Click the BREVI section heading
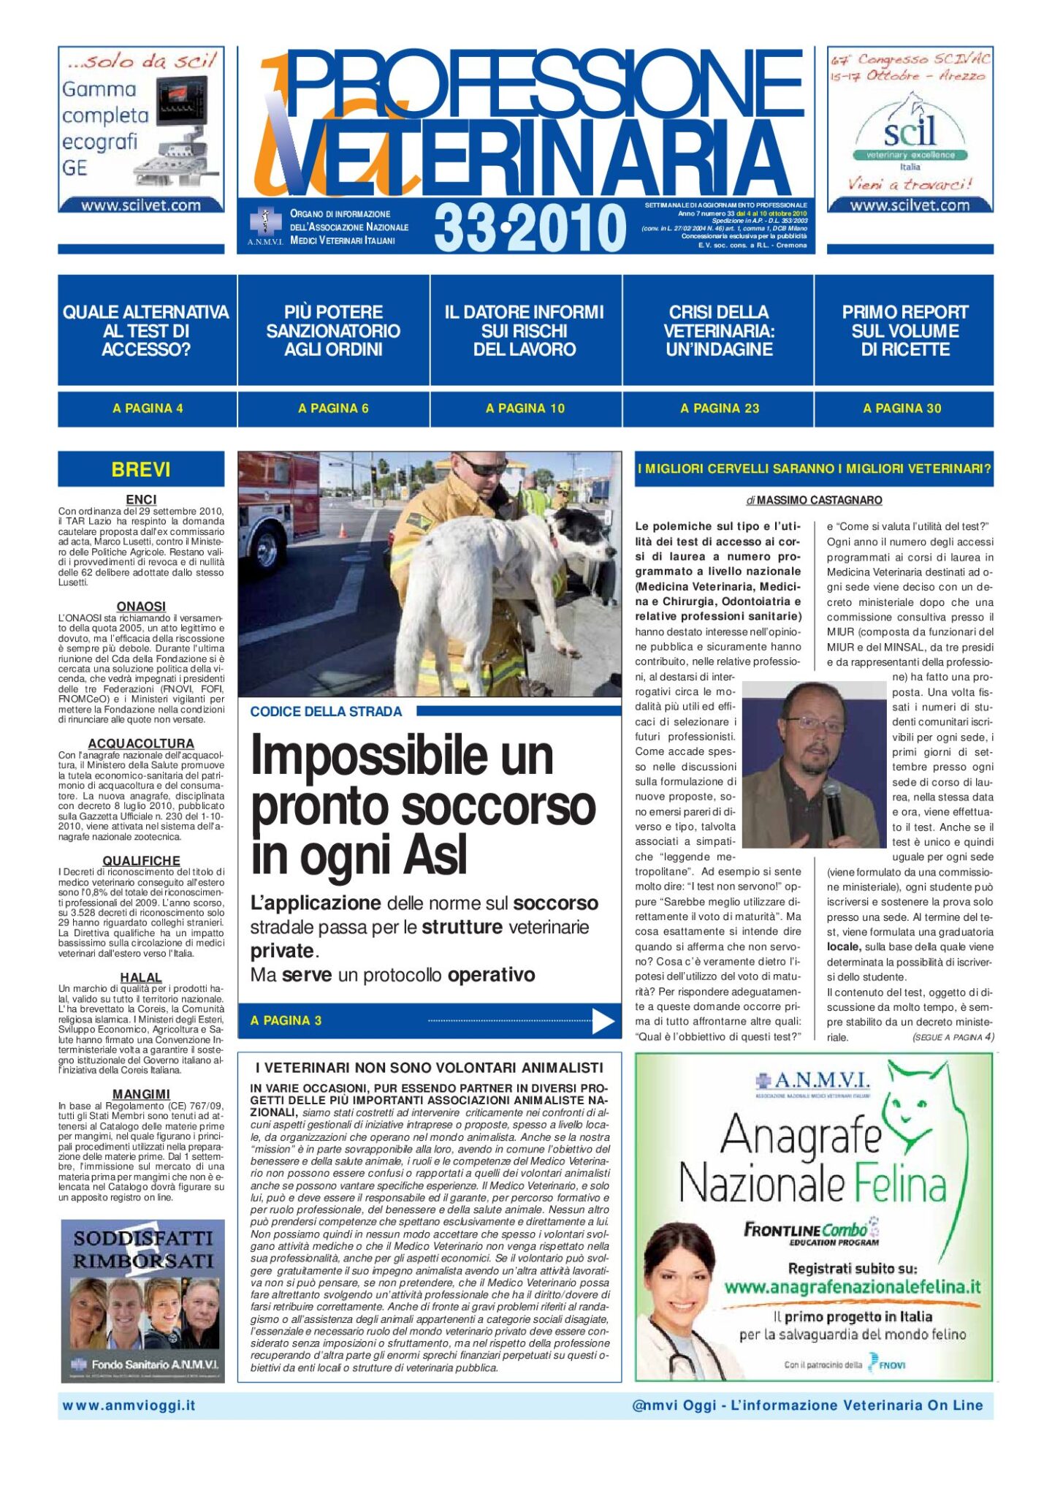coord(141,469)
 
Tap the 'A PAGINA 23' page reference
coord(720,409)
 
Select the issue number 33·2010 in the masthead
coord(530,227)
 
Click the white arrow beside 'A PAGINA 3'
coord(603,1021)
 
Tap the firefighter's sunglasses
coord(482,467)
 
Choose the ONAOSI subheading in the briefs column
coord(141,607)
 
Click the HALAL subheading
coord(141,978)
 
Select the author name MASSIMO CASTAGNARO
coord(819,501)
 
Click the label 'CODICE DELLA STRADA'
coord(326,712)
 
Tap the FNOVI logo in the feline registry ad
coord(886,1364)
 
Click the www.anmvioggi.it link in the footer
coord(129,1405)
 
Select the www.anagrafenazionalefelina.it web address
coord(852,1286)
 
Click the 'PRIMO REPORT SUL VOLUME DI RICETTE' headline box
coord(904,331)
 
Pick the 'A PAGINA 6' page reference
coord(333,409)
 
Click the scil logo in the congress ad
coord(910,132)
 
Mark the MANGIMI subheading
coord(141,1094)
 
